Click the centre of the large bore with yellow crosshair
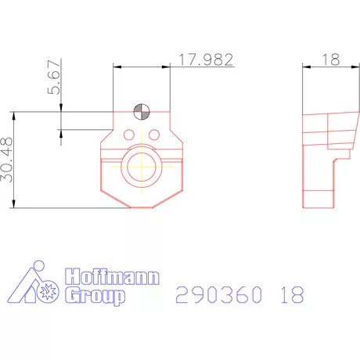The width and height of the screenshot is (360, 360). click(x=142, y=165)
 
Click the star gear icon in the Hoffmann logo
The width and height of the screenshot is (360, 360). click(x=45, y=293)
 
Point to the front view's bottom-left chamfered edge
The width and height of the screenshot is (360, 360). click(x=114, y=196)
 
